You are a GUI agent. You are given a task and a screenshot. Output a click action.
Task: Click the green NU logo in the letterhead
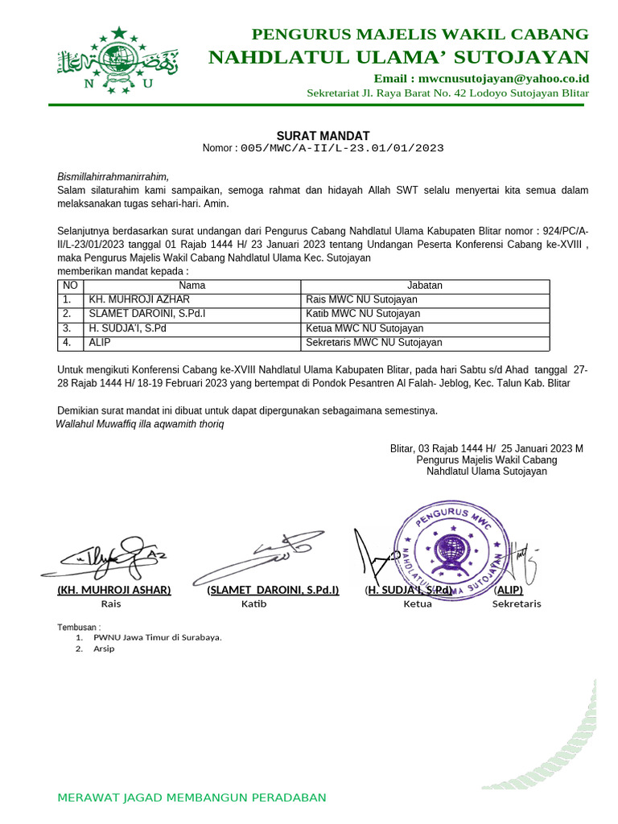pos(117,60)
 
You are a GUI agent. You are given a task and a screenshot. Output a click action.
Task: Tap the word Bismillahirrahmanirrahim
pos(113,176)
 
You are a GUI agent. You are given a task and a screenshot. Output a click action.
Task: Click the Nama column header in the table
pos(192,286)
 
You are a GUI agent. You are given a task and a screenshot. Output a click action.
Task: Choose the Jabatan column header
pos(425,286)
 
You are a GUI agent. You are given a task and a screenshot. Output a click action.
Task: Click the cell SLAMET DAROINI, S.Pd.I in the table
pos(147,314)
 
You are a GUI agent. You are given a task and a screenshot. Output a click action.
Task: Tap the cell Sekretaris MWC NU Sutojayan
pos(374,343)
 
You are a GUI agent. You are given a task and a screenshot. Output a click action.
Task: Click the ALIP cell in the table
pos(100,343)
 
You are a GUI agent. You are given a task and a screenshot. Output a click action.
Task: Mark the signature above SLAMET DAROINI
pos(257,555)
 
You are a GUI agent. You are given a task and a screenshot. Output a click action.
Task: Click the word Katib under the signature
pos(253,604)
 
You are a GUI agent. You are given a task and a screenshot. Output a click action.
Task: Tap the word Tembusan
pos(78,627)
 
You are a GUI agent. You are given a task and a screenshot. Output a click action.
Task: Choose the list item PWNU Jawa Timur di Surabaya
pos(157,637)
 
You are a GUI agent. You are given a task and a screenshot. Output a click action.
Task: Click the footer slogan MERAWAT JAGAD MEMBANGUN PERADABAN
pos(192,797)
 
